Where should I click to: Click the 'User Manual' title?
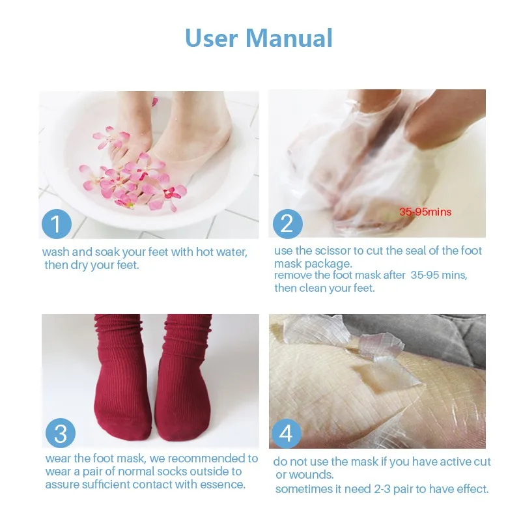point(259,37)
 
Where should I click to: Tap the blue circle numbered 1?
point(57,223)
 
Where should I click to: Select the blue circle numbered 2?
point(287,223)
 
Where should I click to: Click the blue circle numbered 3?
point(60,434)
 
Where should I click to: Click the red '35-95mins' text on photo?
point(425,212)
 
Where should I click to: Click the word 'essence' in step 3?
point(224,485)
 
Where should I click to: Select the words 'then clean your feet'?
point(324,288)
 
